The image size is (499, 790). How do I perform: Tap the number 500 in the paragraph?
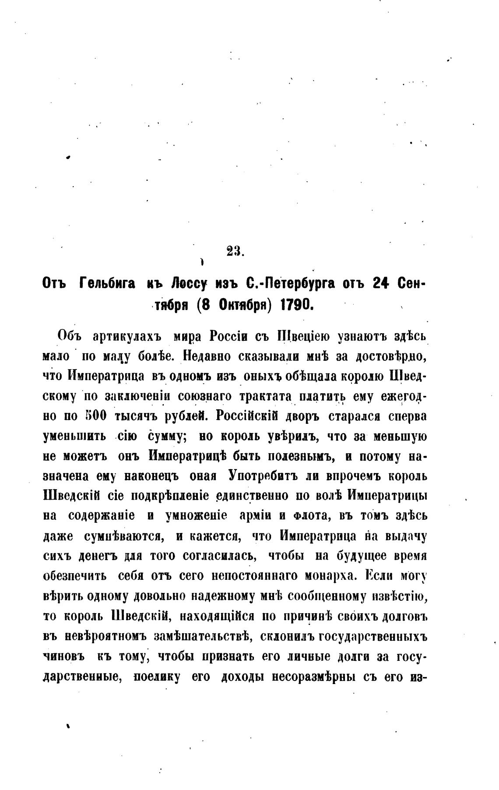click(94, 416)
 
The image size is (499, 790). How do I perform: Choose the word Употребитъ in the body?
click(259, 476)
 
